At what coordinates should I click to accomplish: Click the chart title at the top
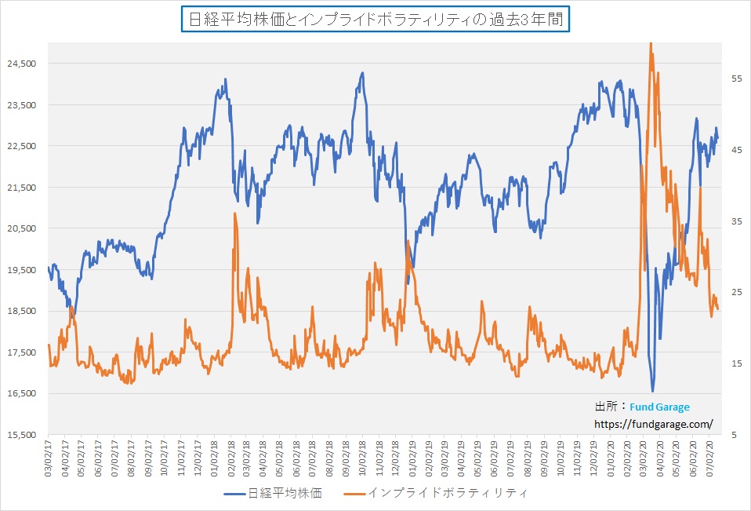[375, 20]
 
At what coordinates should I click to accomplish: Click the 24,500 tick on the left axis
[27, 64]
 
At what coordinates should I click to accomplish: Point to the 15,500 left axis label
[27, 434]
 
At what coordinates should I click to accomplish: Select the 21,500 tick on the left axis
[27, 187]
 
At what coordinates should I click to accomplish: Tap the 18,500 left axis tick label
[27, 311]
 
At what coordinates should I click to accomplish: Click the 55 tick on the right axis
[736, 78]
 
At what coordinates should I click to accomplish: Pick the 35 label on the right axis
[736, 221]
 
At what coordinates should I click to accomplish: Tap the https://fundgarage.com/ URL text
[654, 424]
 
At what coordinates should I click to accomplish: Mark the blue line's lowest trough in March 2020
[652, 390]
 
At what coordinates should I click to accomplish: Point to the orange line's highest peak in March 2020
[651, 43]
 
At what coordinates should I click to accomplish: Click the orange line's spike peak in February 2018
[234, 214]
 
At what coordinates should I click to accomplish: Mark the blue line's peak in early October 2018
[362, 73]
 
